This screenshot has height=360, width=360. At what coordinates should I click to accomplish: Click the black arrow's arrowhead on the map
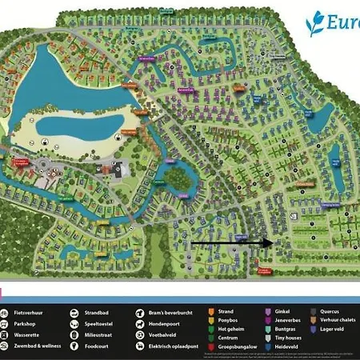point(268,241)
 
